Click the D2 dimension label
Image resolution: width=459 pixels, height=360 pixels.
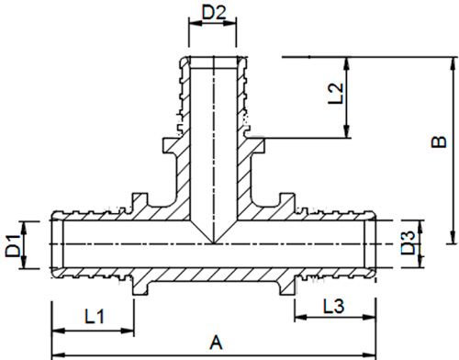(x=214, y=13)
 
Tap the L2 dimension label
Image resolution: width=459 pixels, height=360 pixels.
(x=336, y=94)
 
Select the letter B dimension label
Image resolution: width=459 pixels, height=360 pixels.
(x=439, y=141)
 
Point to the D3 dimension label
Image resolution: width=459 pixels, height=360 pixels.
(x=409, y=243)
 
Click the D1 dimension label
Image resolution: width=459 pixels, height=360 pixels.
(x=13, y=245)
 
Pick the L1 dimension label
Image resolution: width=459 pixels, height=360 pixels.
(x=95, y=316)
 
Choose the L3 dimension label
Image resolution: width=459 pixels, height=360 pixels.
(x=334, y=306)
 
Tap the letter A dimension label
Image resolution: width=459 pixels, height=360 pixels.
(x=216, y=343)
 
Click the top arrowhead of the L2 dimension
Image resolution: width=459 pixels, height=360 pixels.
(x=347, y=63)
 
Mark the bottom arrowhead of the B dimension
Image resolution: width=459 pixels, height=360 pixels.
(x=452, y=237)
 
